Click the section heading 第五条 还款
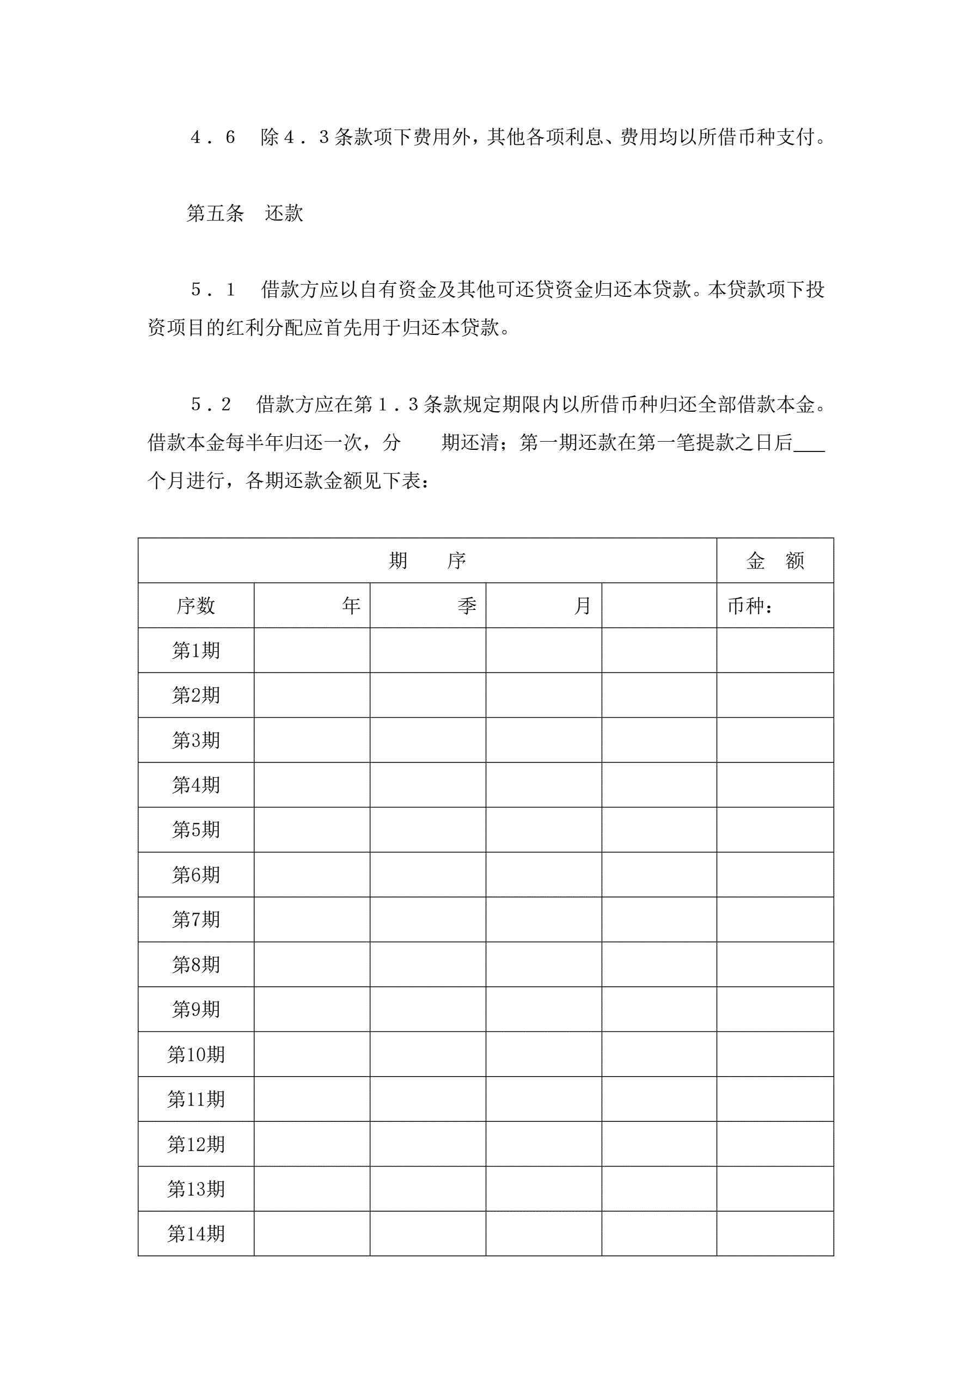point(245,213)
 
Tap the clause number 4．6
point(212,138)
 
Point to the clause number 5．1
point(212,290)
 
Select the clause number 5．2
point(211,405)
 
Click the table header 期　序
point(427,561)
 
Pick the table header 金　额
point(775,561)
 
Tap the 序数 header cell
point(195,606)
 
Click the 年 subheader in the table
point(351,606)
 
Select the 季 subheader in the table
point(467,606)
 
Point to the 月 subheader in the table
point(582,606)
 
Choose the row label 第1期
point(195,650)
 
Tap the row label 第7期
point(195,919)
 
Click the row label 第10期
point(195,1054)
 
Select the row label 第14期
point(195,1233)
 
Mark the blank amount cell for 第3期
point(775,740)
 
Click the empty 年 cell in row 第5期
point(312,829)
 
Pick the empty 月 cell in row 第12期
point(543,1144)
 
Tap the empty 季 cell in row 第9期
point(428,1009)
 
